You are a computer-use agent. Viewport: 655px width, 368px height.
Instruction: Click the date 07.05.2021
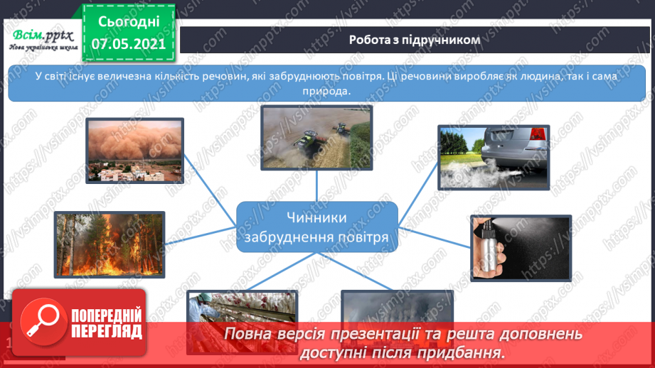128,43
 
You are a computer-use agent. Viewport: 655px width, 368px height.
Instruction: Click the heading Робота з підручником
415,40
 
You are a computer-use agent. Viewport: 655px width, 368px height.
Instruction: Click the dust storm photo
134,150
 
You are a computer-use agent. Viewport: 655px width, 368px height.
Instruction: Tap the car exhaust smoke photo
494,157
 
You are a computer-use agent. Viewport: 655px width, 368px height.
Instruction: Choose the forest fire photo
109,244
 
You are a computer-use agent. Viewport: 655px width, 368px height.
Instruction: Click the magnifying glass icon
42,322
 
